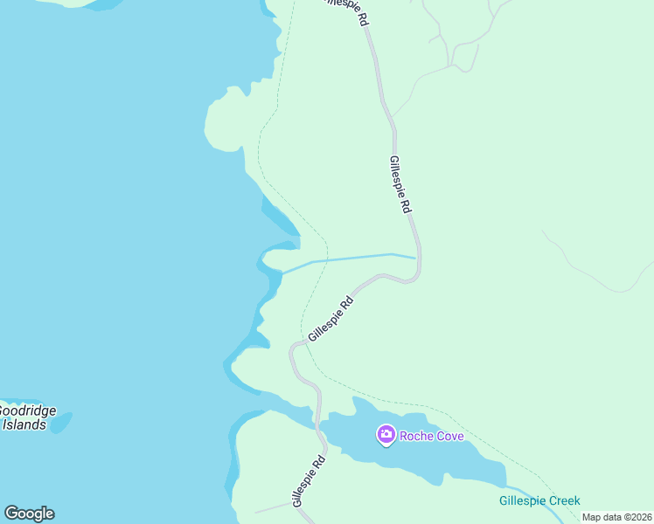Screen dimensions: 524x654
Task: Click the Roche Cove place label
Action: [431, 436]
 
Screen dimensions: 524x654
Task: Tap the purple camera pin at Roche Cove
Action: [385, 434]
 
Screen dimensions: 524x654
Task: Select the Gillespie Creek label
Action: [539, 500]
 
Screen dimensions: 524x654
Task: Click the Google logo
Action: [29, 514]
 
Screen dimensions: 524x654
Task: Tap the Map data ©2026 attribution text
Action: [616, 517]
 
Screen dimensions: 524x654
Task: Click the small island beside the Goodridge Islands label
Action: [60, 422]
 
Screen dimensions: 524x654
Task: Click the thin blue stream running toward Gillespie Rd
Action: [358, 258]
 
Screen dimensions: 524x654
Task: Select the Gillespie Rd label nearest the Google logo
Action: [309, 481]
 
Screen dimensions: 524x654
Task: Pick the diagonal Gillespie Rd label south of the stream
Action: [330, 318]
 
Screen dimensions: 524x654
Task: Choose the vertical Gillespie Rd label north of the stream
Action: [400, 185]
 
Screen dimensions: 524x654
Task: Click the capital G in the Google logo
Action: [11, 514]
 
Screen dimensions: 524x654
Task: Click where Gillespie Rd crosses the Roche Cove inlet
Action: [319, 417]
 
